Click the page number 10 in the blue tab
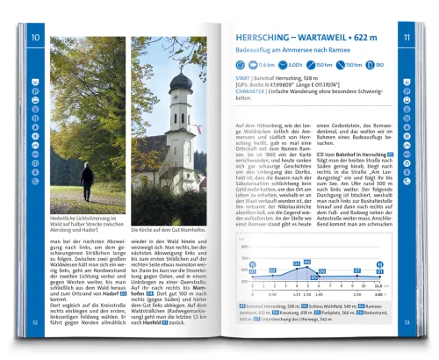pyautogui.click(x=35, y=38)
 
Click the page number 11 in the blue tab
pyautogui.click(x=407, y=38)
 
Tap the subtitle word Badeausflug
pyautogui.click(x=255, y=52)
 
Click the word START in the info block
pyautogui.click(x=243, y=77)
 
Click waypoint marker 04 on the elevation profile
pyautogui.click(x=297, y=263)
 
